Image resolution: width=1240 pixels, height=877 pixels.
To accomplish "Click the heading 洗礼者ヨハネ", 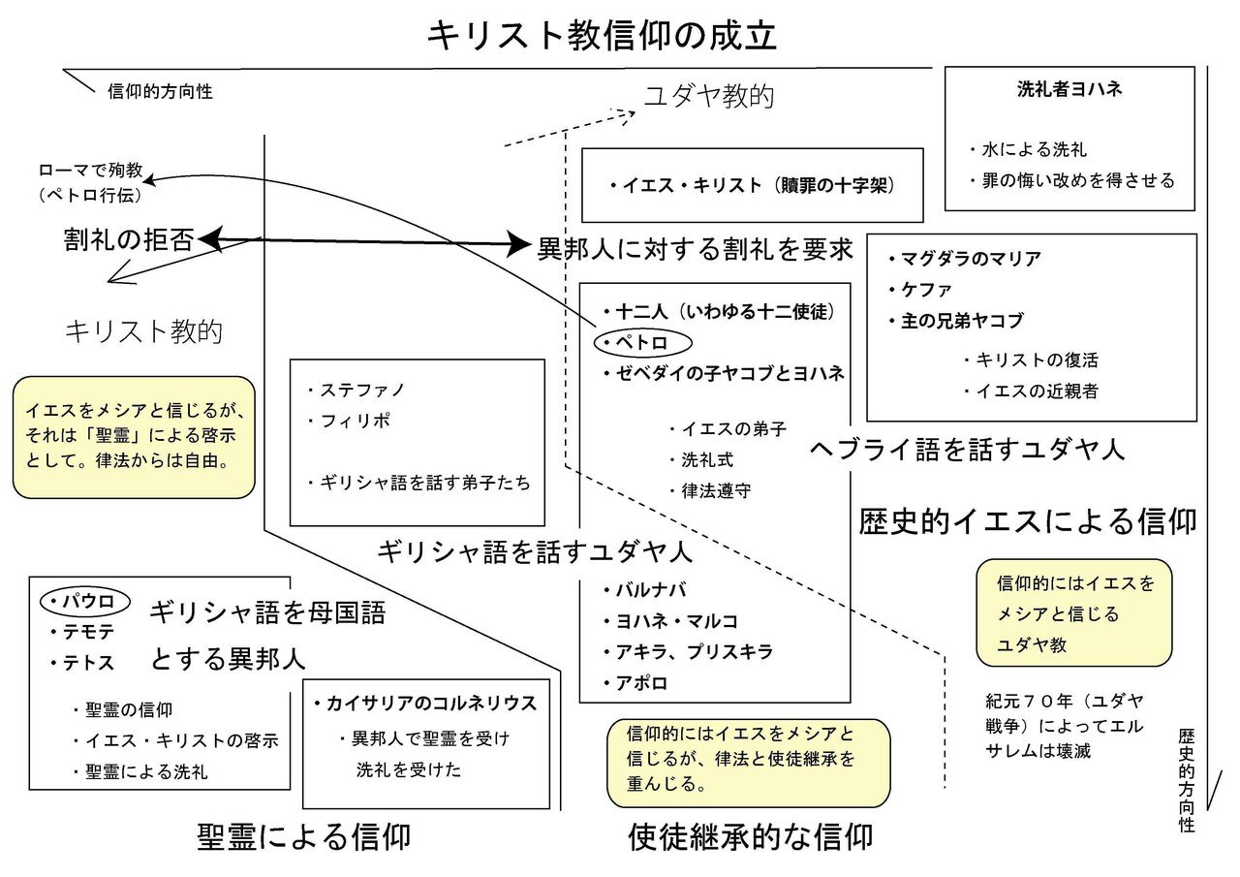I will pos(1069,89).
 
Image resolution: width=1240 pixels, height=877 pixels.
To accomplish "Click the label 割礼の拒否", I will pos(128,239).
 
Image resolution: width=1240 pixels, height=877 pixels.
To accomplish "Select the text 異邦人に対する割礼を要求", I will pos(695,249).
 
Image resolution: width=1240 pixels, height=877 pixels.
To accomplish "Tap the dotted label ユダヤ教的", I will pos(709,96).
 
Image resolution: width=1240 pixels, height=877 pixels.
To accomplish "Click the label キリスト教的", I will pos(143,331).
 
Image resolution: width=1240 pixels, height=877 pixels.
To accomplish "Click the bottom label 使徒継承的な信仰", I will pos(750,836).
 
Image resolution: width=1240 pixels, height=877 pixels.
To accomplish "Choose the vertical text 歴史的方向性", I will pos(1187,780).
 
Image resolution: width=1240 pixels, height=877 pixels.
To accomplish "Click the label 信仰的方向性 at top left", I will pos(160,92).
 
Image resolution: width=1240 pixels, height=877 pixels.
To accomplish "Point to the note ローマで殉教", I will pos(91,171).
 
